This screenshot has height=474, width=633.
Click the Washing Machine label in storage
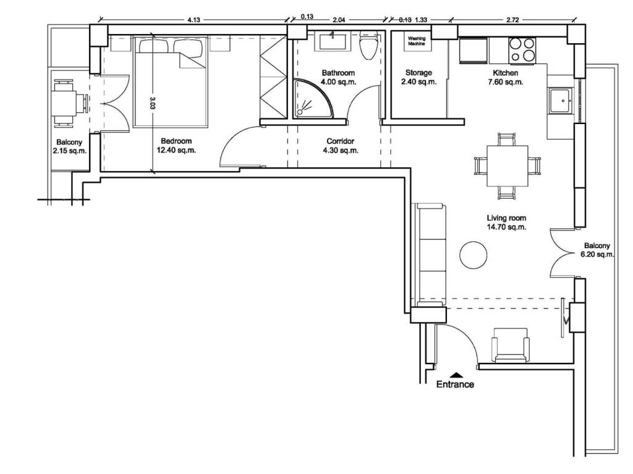pyautogui.click(x=416, y=41)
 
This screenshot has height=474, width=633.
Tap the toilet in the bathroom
pyautogui.click(x=368, y=45)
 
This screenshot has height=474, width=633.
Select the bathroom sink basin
pyautogui.click(x=332, y=41)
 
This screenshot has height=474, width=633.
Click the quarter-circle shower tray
pyautogui.click(x=313, y=98)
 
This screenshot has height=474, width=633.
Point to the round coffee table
pyautogui.click(x=473, y=255)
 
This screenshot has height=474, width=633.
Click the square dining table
pyautogui.click(x=508, y=166)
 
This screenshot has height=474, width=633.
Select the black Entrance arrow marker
pyautogui.click(x=456, y=374)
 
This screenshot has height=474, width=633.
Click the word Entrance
pyautogui.click(x=455, y=384)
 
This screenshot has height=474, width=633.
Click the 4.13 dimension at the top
pyautogui.click(x=193, y=20)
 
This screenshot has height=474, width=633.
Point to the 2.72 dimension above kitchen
pyautogui.click(x=512, y=20)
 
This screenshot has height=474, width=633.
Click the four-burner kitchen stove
pyautogui.click(x=522, y=50)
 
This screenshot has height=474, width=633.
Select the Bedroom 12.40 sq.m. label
pyautogui.click(x=176, y=146)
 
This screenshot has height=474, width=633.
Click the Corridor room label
pyautogui.click(x=341, y=141)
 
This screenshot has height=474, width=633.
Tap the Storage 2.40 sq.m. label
pyautogui.click(x=418, y=77)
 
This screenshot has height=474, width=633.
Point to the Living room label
pyautogui.click(x=506, y=218)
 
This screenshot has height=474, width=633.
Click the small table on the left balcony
pyautogui.click(x=64, y=104)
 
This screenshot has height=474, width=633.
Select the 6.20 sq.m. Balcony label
pyautogui.click(x=597, y=250)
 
